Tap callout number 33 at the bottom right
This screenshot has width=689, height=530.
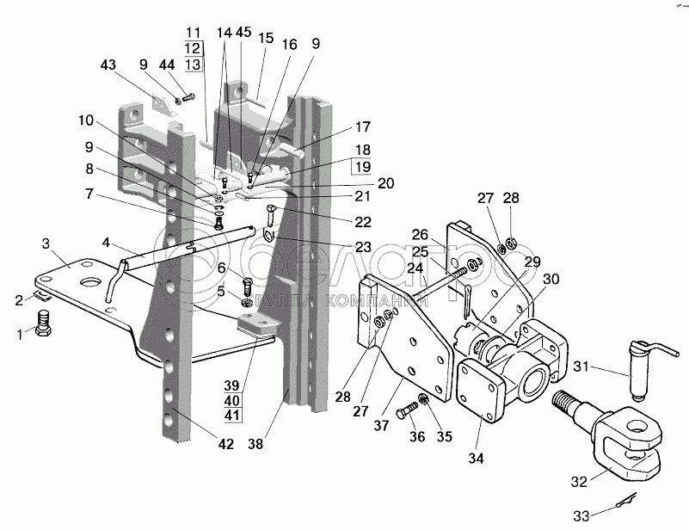tap(582, 515)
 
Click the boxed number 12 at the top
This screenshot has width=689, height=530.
tap(193, 48)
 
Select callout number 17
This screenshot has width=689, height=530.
tap(362, 126)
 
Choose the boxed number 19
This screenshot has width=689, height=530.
tap(362, 166)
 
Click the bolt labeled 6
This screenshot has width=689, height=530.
tap(246, 282)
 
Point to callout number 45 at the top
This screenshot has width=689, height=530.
tap(243, 33)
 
